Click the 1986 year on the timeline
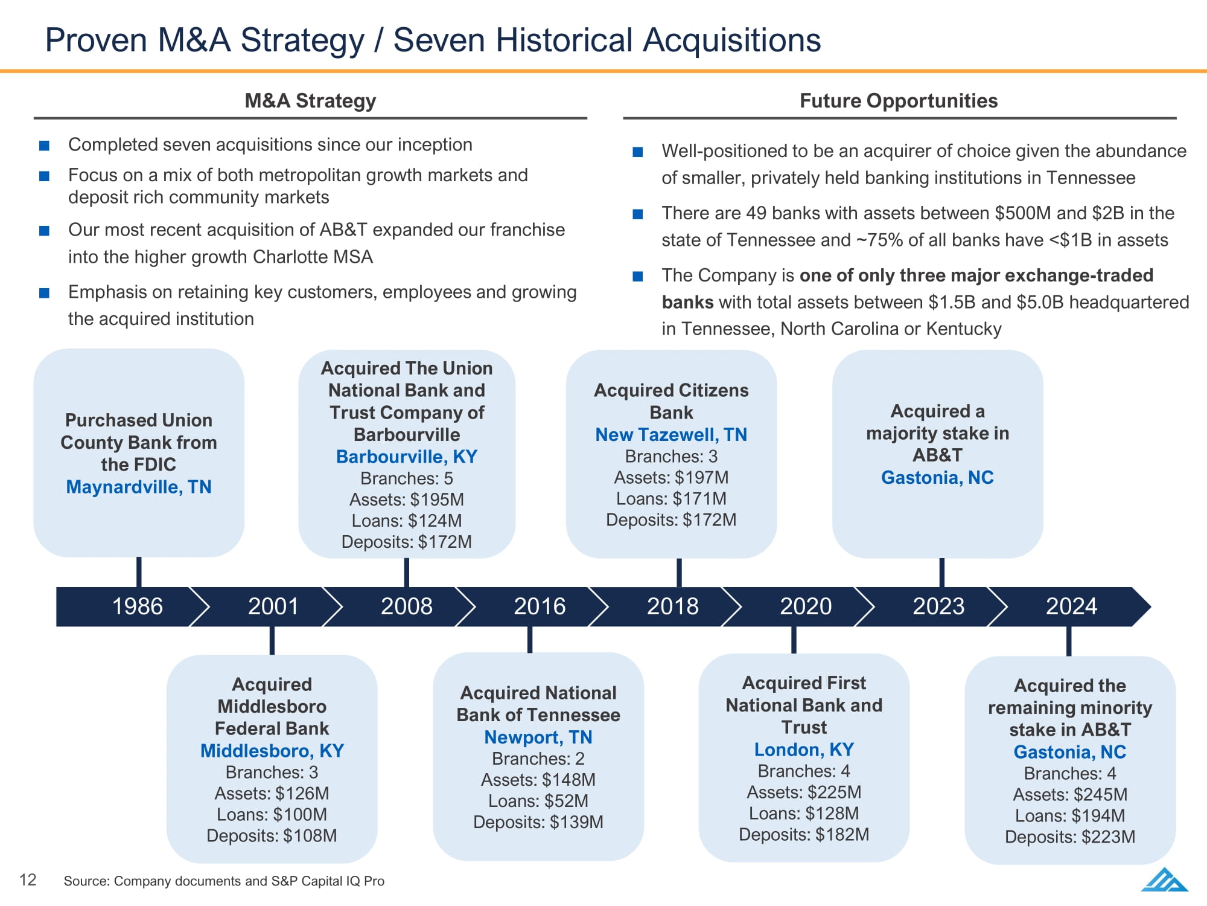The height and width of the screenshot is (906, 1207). click(138, 606)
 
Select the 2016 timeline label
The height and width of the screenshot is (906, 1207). click(540, 606)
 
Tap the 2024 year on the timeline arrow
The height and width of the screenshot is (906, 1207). click(1071, 606)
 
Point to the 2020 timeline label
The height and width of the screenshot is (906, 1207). click(806, 606)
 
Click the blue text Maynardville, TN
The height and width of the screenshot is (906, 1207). click(139, 487)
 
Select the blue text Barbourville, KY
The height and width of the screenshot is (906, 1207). click(407, 457)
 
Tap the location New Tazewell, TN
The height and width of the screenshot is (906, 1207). click(671, 434)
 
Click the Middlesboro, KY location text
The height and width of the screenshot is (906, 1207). click(272, 751)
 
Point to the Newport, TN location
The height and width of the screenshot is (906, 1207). click(538, 737)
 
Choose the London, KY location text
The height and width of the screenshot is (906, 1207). click(804, 750)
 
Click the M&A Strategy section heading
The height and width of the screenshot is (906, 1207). click(310, 101)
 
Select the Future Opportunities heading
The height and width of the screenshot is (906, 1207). click(899, 101)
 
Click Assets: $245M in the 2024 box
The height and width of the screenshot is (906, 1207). click(1070, 794)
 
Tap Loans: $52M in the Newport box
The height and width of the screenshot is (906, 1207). click(538, 801)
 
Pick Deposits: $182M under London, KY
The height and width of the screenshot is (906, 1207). click(804, 835)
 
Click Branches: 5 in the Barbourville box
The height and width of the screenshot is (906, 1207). click(407, 478)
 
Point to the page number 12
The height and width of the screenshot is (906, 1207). click(28, 879)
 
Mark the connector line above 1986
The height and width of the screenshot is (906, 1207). click(139, 572)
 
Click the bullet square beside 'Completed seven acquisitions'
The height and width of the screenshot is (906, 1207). click(44, 146)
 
